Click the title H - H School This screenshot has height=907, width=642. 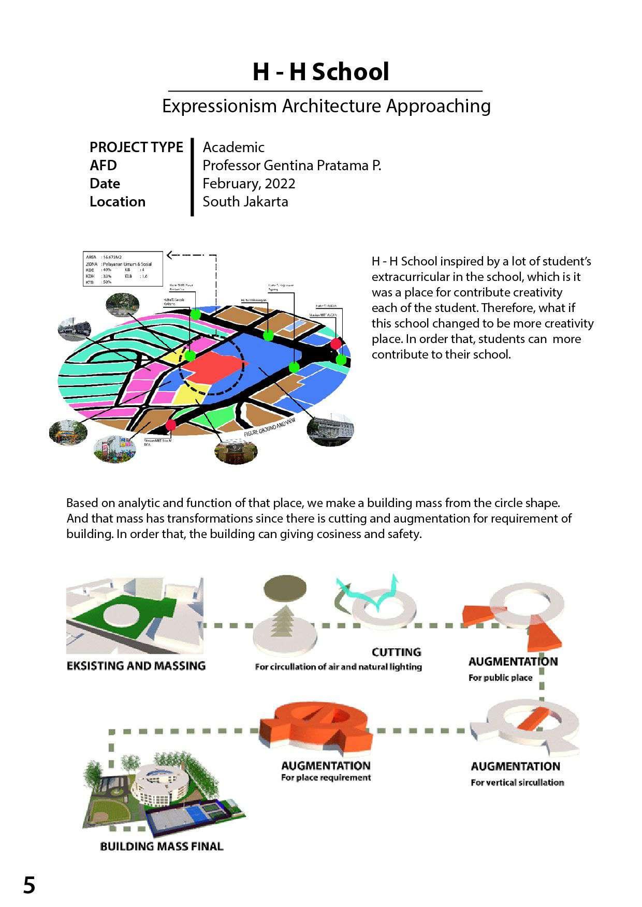click(x=320, y=72)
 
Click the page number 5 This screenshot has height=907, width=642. click(x=29, y=885)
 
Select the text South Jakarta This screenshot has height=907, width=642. click(x=245, y=201)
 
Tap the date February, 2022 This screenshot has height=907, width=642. click(x=249, y=183)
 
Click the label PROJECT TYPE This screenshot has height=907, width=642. click(x=136, y=147)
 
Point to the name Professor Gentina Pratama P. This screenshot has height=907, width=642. click(x=291, y=165)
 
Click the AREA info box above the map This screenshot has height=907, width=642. click(x=123, y=269)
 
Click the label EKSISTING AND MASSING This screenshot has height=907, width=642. click(x=136, y=665)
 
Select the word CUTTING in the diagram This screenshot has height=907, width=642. click(x=396, y=652)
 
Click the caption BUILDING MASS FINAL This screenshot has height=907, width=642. click(x=162, y=846)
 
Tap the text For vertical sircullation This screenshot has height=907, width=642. click(x=517, y=782)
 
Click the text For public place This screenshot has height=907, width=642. click(x=500, y=677)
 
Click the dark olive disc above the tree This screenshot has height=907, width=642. click(x=285, y=589)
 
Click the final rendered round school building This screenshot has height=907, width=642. click(x=160, y=784)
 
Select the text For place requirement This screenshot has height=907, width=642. click(x=326, y=777)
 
